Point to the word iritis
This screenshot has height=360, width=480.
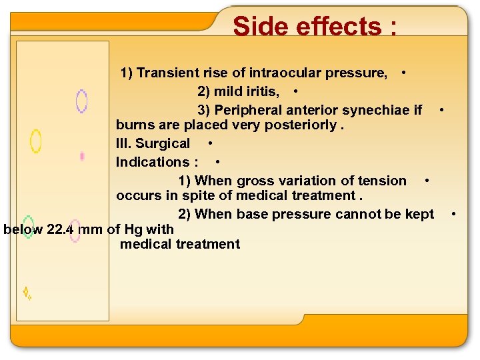point(263,91)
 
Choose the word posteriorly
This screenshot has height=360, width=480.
point(305,125)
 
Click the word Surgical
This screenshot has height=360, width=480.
point(163,143)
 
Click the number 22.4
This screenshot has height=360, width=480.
point(61,229)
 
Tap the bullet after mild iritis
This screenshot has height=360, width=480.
point(295,91)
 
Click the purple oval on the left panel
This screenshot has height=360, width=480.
point(81,101)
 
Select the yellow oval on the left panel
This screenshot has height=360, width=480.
point(35,141)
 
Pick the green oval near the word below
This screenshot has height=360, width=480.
point(28,227)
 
